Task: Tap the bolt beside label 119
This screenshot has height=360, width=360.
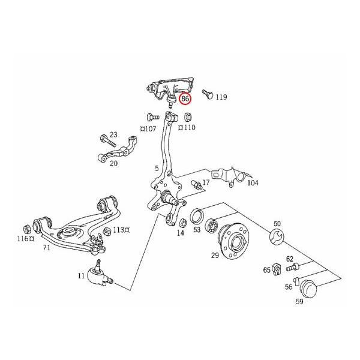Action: pyautogui.click(x=207, y=95)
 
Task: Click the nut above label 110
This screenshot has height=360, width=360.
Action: pyautogui.click(x=187, y=116)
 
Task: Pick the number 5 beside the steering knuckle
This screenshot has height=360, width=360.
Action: pyautogui.click(x=156, y=169)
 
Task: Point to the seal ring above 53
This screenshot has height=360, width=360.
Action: pyautogui.click(x=197, y=216)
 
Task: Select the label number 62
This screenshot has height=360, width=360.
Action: pyautogui.click(x=290, y=259)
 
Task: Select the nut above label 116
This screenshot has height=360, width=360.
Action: pyautogui.click(x=27, y=229)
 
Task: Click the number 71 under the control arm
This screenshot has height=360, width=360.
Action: pyautogui.click(x=46, y=246)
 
